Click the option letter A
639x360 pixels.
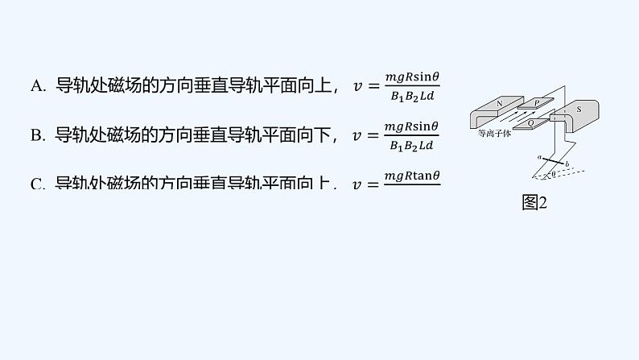pos(38,87)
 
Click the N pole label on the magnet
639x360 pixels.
pos(499,104)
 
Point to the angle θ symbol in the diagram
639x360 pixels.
pos(551,173)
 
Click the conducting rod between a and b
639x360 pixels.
pos(553,162)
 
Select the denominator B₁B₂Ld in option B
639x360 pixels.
pos(411,146)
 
